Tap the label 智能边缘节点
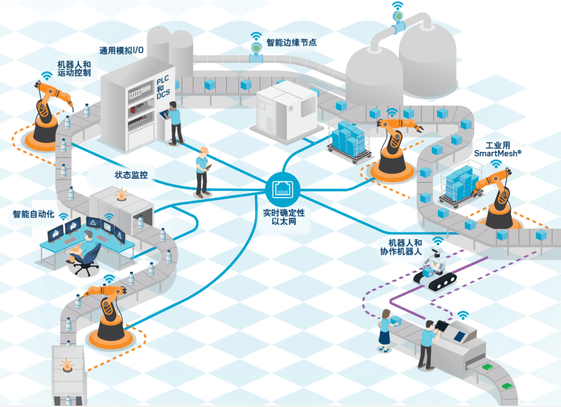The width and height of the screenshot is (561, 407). click(x=291, y=43)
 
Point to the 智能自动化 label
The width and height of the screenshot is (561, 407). click(x=33, y=214)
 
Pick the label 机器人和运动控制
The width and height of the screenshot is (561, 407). click(x=74, y=69)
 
